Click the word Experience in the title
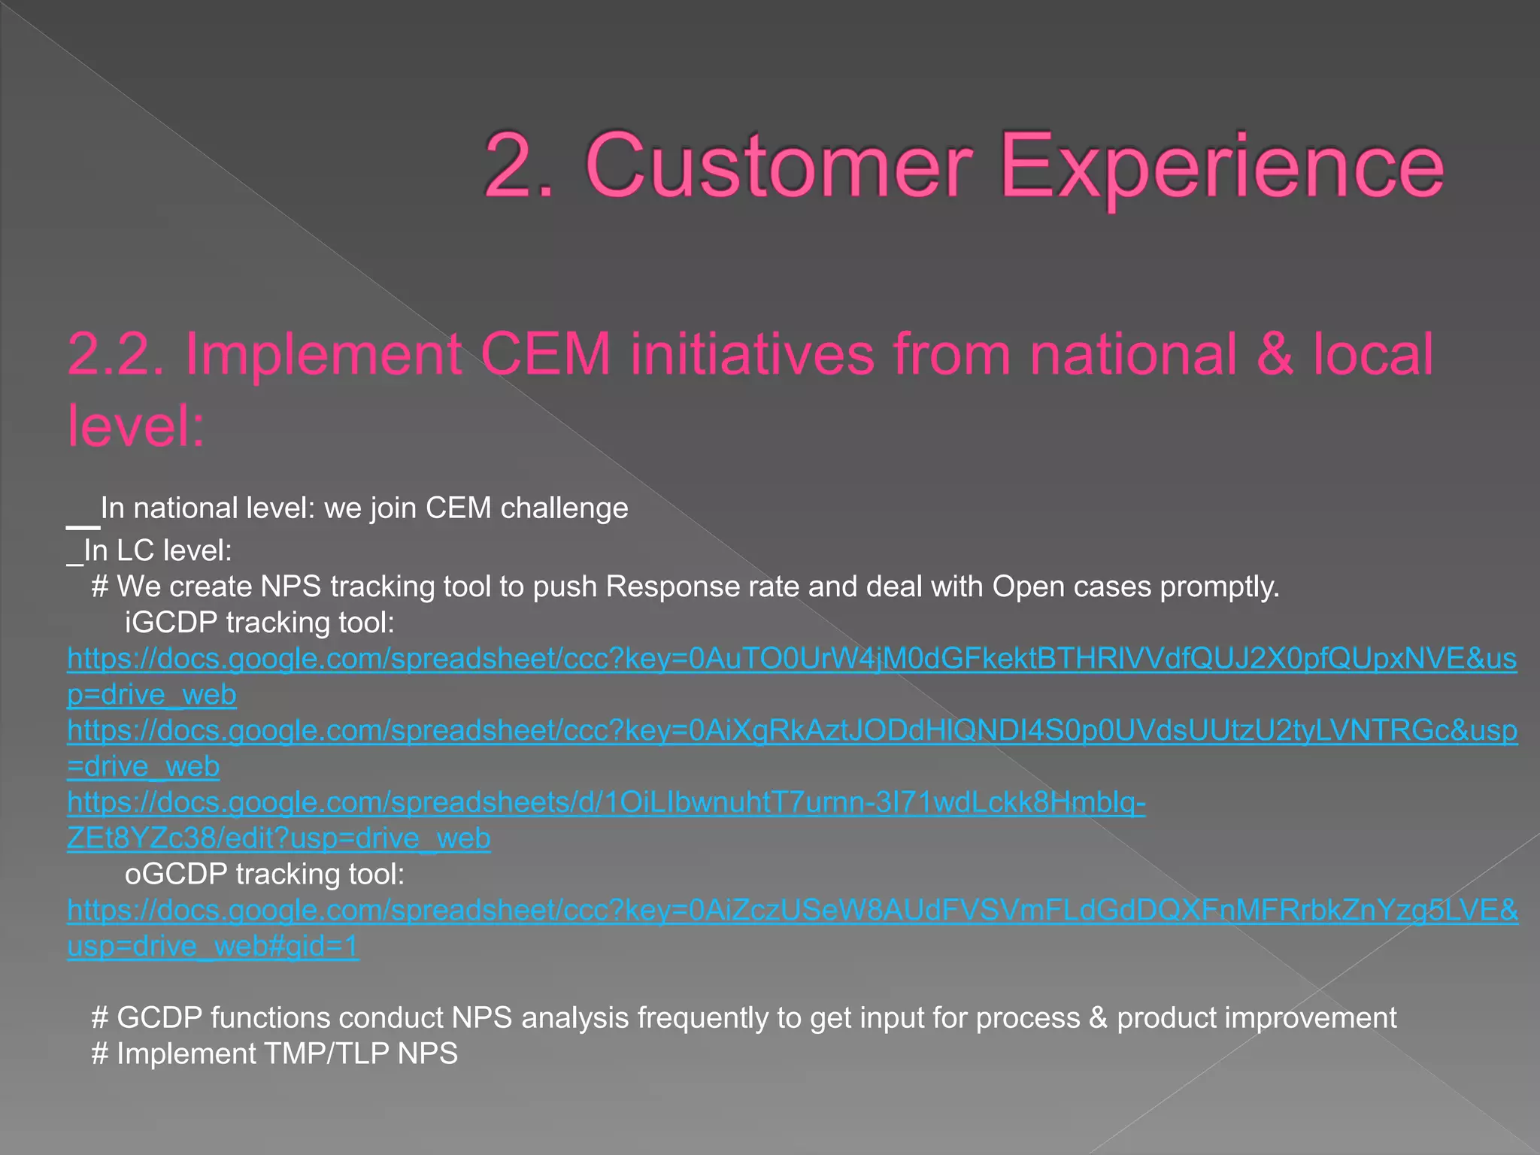(x=1222, y=167)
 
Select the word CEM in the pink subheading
(x=545, y=353)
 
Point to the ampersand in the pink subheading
(x=1274, y=353)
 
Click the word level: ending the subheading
(x=136, y=426)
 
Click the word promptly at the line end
(x=1218, y=587)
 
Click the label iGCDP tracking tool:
(x=259, y=623)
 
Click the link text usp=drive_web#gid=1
(x=213, y=946)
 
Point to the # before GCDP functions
(x=100, y=1018)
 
